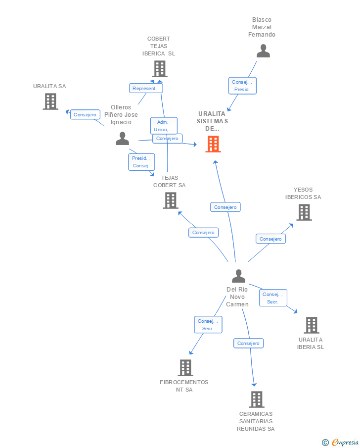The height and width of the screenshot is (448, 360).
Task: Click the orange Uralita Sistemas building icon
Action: pos(213,144)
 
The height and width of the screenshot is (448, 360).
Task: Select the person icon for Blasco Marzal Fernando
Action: pos(263,51)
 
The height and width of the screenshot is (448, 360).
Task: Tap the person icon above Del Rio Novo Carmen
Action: pos(238,276)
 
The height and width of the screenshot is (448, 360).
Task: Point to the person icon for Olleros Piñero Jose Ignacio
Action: pos(122,139)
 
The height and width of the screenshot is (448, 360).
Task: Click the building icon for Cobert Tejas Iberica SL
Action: pos(159,69)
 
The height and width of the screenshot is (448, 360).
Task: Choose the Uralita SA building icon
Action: pos(50,101)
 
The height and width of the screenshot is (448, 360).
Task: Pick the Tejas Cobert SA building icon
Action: pos(170,200)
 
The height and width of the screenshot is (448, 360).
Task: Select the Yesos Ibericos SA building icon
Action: pos(304,212)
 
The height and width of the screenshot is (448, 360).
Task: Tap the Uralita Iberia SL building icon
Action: pos(311,325)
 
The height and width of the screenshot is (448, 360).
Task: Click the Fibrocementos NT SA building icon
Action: pos(185,368)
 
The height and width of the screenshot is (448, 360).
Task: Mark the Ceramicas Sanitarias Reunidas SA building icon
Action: pos(256,399)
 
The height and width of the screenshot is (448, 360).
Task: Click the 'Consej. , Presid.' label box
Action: pos(242,86)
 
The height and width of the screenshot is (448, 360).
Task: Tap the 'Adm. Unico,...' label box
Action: pos(164,126)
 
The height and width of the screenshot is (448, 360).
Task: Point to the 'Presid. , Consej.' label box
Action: pos(142,162)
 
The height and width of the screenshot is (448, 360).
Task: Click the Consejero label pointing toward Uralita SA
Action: pos(85,114)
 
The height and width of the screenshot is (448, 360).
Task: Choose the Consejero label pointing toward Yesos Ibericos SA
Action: pos(270,239)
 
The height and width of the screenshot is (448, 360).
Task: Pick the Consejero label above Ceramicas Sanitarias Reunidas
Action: pos(248,343)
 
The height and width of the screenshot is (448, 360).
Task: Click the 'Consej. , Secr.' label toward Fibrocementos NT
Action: pos(208,325)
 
